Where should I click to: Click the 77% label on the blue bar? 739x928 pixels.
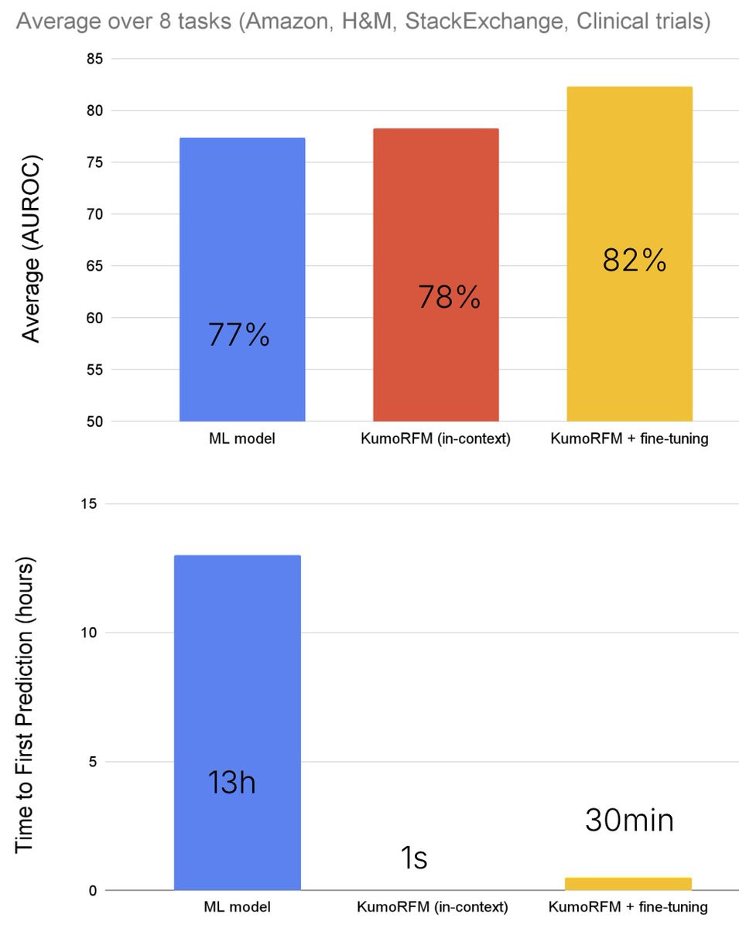pos(239,335)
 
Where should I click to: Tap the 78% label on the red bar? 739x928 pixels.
pos(450,297)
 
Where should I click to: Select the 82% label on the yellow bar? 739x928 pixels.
pos(635,261)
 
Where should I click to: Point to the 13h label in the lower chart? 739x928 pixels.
pos(231,783)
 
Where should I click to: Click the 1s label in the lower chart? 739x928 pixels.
pos(415,858)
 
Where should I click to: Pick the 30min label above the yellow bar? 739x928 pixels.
pos(629,821)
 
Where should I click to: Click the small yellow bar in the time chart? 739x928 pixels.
pos(629,884)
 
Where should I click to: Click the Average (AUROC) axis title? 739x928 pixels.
pos(31,248)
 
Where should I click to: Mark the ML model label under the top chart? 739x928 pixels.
pos(241,439)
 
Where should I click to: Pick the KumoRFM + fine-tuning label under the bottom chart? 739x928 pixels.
pos(629,906)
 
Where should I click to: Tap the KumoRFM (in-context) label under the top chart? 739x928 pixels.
pos(436,439)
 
